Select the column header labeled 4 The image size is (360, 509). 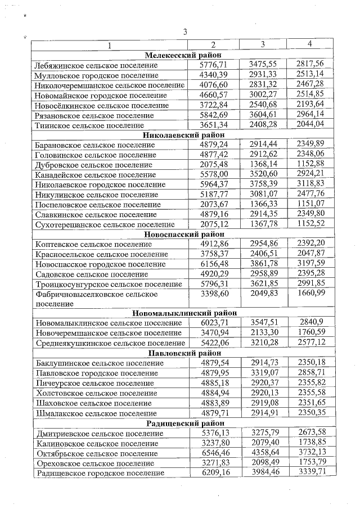[x=309, y=44]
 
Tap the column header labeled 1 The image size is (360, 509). [x=109, y=44]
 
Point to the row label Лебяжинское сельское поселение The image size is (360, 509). [x=96, y=65]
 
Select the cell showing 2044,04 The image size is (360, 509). [x=310, y=125]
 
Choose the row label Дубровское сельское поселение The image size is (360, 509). [x=93, y=165]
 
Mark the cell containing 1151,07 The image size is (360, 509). [x=310, y=204]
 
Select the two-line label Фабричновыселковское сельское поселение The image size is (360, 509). [x=96, y=299]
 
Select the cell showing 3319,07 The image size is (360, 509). [x=262, y=373]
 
